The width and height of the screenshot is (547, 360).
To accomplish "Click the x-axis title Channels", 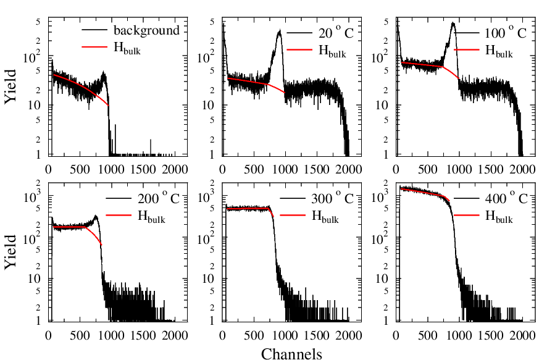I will point(291,354).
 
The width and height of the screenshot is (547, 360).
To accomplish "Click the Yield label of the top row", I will point(12,90).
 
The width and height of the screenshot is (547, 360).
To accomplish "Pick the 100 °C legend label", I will point(503,33).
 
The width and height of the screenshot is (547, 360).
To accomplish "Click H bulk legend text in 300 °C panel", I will point(325,216).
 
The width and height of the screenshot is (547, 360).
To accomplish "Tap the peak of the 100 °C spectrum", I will point(453,23).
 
